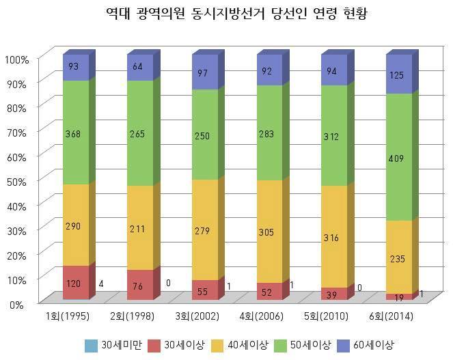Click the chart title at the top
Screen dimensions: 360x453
coord(226,14)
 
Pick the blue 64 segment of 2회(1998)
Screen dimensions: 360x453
coord(139,68)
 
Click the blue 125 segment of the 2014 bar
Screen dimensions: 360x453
coord(398,75)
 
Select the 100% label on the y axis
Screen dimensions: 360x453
coord(17,59)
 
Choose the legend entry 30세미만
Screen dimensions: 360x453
coord(113,344)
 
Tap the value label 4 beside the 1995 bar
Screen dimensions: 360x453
coord(100,283)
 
